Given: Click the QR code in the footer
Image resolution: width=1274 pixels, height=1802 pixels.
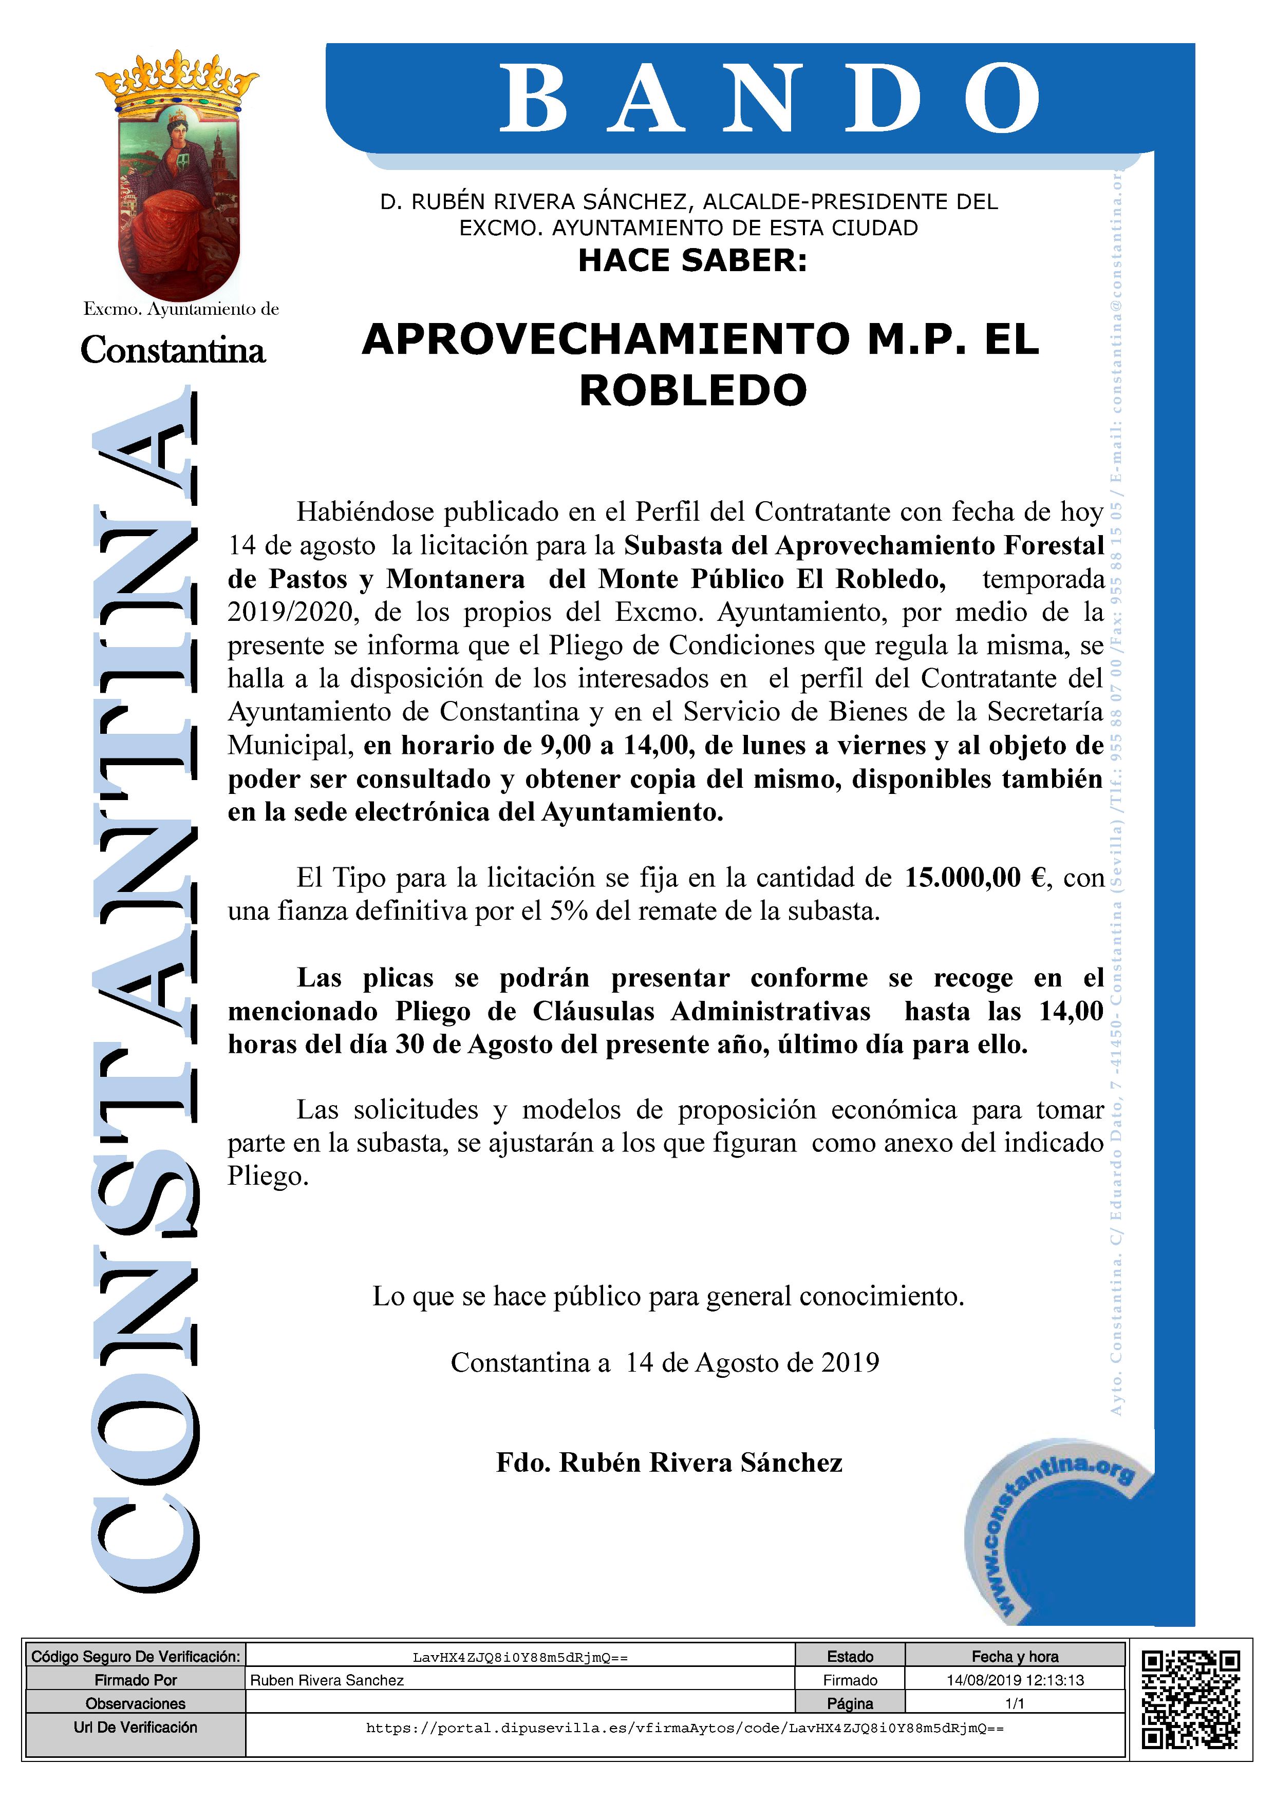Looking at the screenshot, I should click(x=1190, y=1699).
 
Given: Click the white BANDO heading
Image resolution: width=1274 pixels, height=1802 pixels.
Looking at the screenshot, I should click(x=769, y=100).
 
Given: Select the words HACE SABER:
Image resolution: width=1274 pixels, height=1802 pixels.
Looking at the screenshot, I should click(x=692, y=260).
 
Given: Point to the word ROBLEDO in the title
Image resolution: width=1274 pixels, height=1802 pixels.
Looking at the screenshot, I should click(x=692, y=390).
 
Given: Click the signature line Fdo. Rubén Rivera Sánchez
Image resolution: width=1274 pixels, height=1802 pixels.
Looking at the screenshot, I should click(x=669, y=1462).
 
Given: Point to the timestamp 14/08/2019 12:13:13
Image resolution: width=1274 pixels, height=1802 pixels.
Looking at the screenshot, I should click(x=1015, y=1680).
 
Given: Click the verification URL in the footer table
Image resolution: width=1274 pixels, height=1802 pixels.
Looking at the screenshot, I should click(x=684, y=1728).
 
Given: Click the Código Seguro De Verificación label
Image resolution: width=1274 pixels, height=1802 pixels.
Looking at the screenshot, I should click(x=135, y=1657).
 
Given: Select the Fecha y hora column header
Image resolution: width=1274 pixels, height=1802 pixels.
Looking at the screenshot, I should click(x=1015, y=1657).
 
